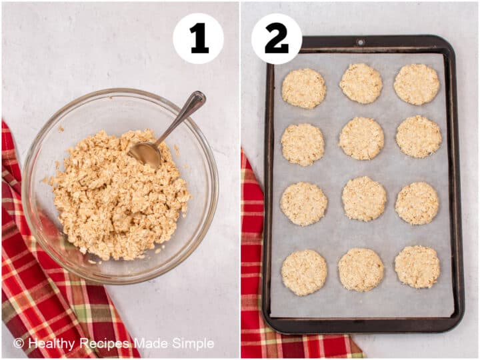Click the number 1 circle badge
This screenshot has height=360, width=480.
click(x=198, y=39)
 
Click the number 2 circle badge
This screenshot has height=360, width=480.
click(x=277, y=39)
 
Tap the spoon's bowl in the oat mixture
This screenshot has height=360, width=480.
click(x=145, y=153)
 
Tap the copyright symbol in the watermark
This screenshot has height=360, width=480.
click(x=19, y=344)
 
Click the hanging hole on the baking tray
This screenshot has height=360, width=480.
click(x=361, y=42)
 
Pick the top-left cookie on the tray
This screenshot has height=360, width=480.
click(x=303, y=88)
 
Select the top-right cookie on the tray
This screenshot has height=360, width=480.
click(x=417, y=84)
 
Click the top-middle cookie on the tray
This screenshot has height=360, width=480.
click(x=361, y=83)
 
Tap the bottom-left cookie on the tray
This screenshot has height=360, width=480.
click(x=304, y=272)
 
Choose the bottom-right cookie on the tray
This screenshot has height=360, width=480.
click(x=417, y=267)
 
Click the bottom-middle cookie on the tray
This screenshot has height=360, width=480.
click(x=361, y=269)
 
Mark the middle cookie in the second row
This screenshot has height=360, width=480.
click(x=361, y=138)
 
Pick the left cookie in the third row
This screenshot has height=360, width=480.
click(x=303, y=204)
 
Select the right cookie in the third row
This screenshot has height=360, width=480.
click(x=417, y=203)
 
